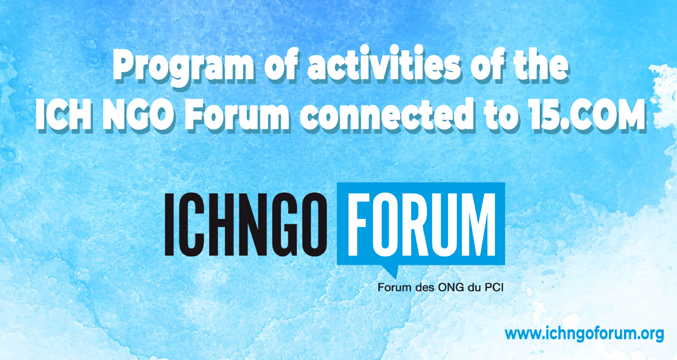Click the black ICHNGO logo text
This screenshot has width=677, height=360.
pos(246,224)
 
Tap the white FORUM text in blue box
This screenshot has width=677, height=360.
pos(422,224)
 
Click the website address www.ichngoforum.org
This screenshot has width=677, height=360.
pos(584,333)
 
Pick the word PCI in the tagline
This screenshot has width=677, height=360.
pos(494,287)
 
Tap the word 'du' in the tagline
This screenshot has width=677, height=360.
pos(474,287)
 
